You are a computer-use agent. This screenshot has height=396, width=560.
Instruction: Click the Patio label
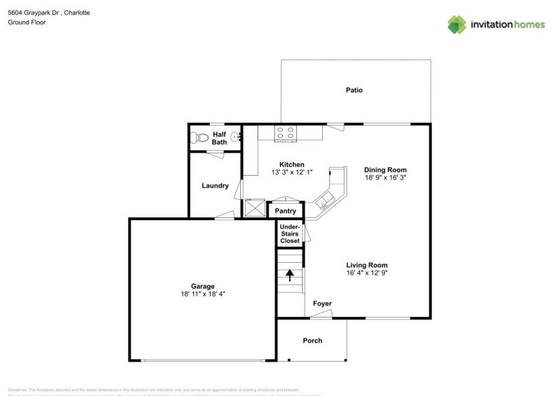point(354,90)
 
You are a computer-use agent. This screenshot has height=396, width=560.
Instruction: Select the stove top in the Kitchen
point(286,132)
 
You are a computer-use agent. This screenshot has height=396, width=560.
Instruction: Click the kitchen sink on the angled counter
point(326,203)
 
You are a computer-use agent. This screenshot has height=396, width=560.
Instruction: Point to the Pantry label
point(285,211)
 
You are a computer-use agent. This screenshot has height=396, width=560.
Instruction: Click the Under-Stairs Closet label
point(290,234)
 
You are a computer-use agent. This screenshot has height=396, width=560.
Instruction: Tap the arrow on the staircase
point(290,275)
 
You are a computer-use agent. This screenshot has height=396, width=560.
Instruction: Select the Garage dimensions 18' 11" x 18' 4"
point(203,295)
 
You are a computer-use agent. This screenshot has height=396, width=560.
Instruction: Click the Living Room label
point(367,265)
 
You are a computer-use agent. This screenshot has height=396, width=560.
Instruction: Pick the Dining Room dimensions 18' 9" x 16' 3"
point(385,179)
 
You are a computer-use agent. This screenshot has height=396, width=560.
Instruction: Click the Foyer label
point(322,303)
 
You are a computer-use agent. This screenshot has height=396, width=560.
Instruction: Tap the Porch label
point(312,341)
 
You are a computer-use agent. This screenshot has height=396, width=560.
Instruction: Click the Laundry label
point(215,186)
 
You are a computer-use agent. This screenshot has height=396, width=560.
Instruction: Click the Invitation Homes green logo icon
point(456,25)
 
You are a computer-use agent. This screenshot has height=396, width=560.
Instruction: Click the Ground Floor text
point(27,22)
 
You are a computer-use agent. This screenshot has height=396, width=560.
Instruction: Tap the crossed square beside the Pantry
point(254,209)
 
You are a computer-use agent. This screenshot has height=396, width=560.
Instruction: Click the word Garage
point(203,286)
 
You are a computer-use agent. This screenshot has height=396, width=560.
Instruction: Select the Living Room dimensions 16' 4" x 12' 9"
point(367,273)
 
